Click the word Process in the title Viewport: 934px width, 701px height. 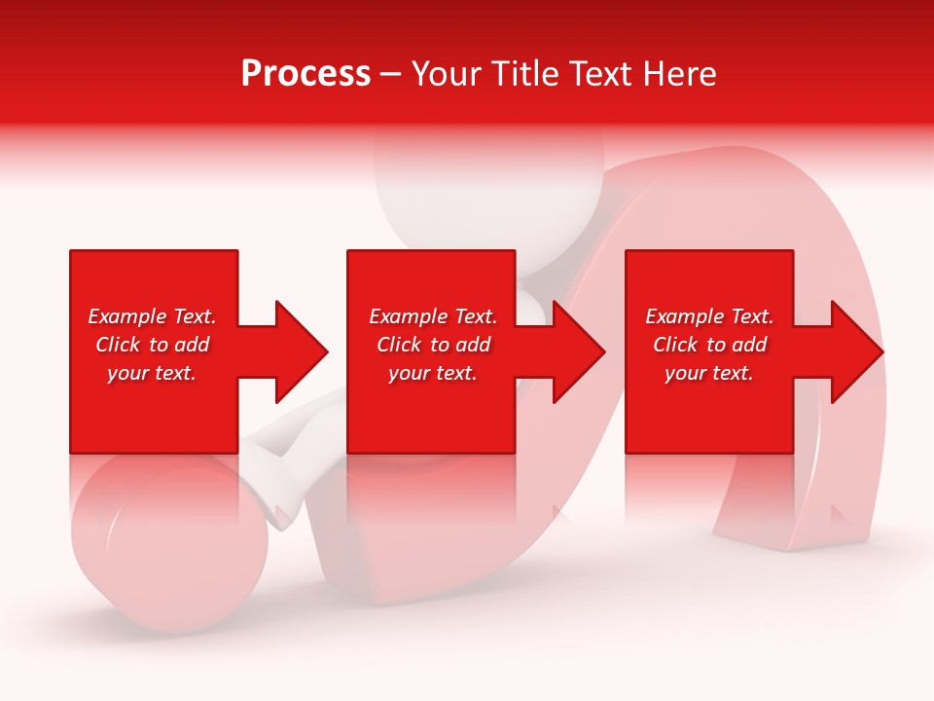pyautogui.click(x=305, y=74)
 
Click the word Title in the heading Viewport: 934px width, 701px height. pyautogui.click(x=524, y=74)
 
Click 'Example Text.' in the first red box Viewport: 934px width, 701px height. pyautogui.click(x=152, y=316)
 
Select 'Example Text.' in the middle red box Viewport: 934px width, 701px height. pyautogui.click(x=433, y=316)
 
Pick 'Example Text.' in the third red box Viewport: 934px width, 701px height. pyautogui.click(x=709, y=316)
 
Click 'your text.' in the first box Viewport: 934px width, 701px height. pyautogui.click(x=152, y=373)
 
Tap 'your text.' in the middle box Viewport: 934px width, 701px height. pyautogui.click(x=433, y=373)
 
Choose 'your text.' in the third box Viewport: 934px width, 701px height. pyautogui.click(x=709, y=373)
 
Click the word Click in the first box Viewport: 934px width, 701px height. pyautogui.click(x=118, y=345)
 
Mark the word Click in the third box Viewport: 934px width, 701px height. pyautogui.click(x=675, y=345)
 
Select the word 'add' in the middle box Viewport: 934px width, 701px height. pyautogui.click(x=473, y=345)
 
